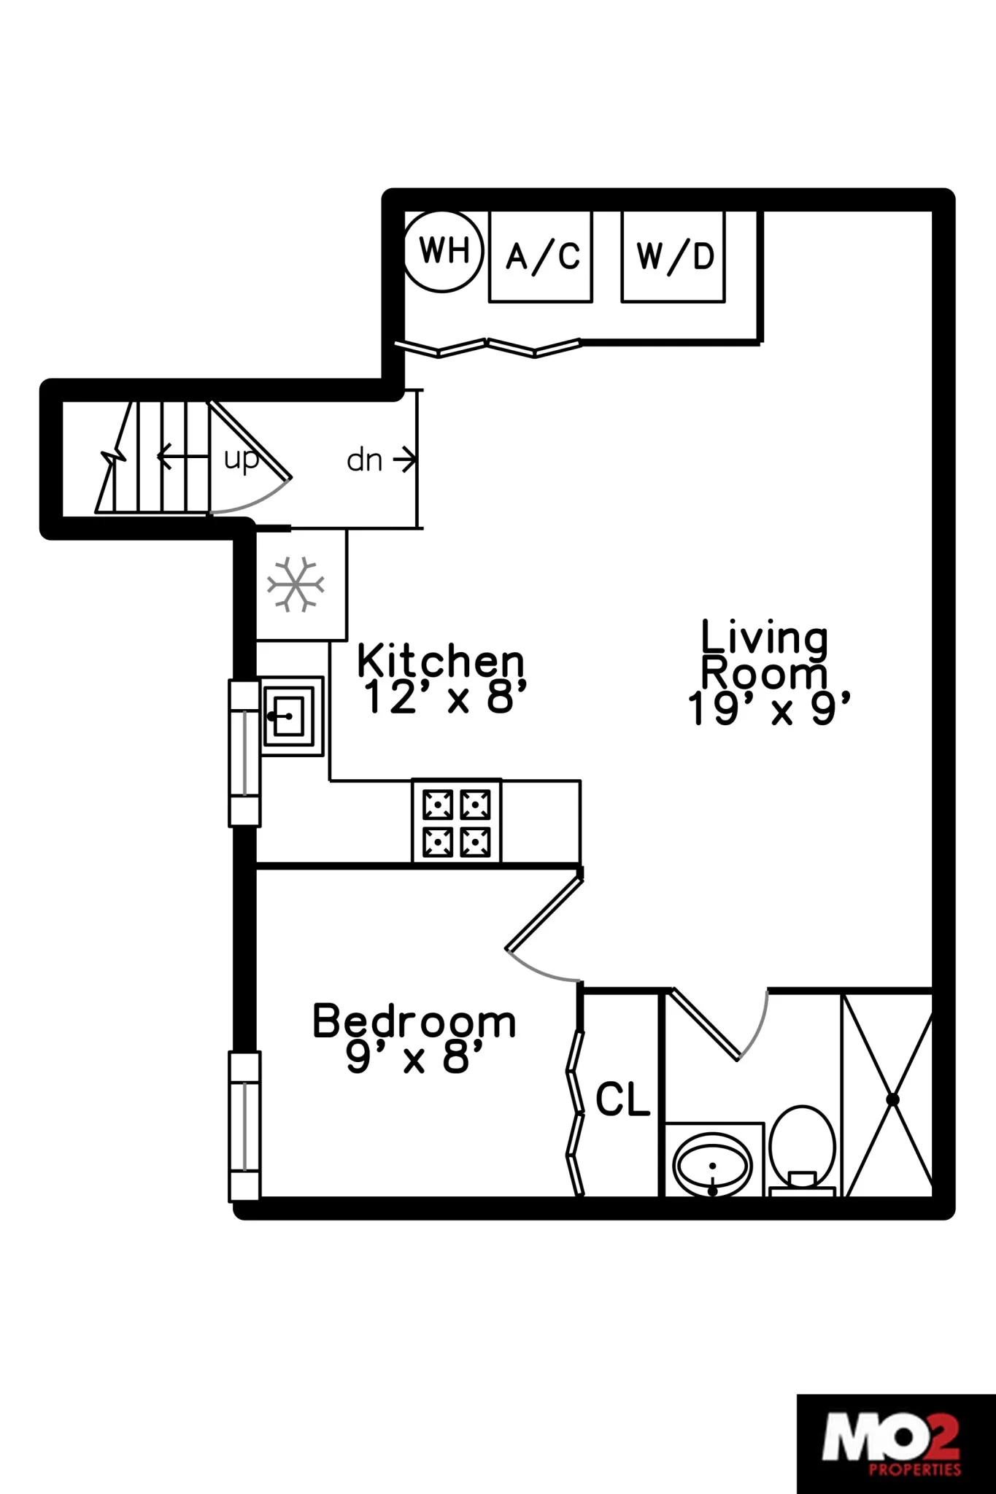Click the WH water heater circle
coord(444,251)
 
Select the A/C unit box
coord(541,256)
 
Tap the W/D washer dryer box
coord(673,256)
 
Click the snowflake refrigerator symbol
coord(296,584)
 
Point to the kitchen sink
coord(291,716)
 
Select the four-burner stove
coord(457,822)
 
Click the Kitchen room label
coord(441,661)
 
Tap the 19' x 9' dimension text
coord(769,708)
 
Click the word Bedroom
coord(414,1021)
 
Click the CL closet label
coord(622,1099)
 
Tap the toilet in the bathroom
coord(802,1150)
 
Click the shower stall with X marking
coord(889,1099)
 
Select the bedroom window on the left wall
coord(244,1126)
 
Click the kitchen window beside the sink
coord(244,753)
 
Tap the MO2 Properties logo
coord(896,1443)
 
